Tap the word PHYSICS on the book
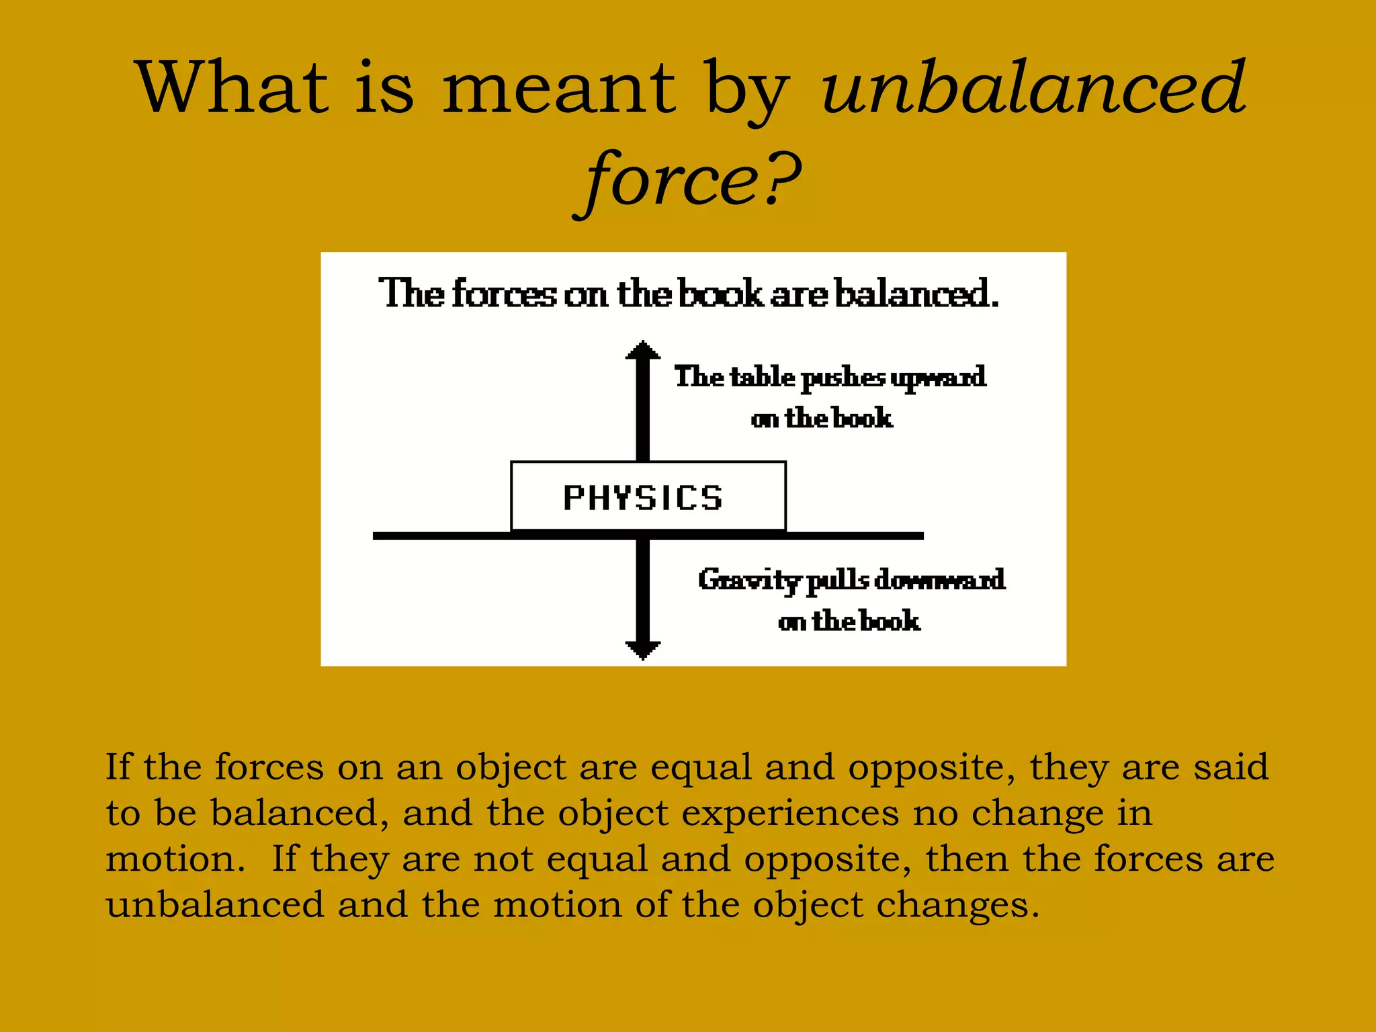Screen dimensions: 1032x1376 tap(643, 499)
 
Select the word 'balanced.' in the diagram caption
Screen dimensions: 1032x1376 tap(916, 294)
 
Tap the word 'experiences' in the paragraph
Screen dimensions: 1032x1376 tap(790, 814)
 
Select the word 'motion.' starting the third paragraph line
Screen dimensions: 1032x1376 tap(175, 860)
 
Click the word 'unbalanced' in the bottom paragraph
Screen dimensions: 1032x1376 tap(215, 905)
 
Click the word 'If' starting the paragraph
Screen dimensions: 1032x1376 tap(118, 767)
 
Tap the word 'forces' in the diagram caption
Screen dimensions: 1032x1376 tap(504, 294)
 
